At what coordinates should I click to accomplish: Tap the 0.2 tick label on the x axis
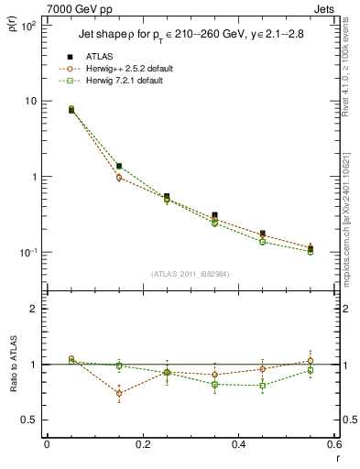tap(142, 444)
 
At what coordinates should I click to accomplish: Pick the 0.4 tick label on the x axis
tap(238, 444)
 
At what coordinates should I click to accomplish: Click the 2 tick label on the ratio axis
tap(32, 309)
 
